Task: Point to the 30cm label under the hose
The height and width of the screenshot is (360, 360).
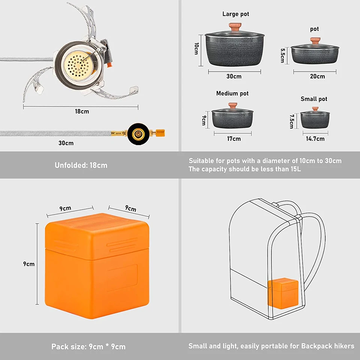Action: [66, 143]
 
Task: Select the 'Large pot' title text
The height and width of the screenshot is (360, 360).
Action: [235, 14]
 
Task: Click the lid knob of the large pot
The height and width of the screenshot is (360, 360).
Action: [235, 27]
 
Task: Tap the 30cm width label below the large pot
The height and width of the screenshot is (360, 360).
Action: [234, 76]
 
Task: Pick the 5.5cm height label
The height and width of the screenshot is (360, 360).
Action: [283, 55]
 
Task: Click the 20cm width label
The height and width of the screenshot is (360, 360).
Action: [317, 76]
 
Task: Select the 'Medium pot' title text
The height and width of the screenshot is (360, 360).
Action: [232, 93]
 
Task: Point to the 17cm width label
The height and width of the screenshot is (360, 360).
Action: [234, 139]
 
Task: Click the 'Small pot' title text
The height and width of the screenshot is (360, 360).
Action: [314, 99]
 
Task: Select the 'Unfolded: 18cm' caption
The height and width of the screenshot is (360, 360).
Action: [81, 165]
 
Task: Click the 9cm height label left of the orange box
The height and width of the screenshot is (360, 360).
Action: [29, 264]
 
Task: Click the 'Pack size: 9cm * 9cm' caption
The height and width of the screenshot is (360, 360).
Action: [88, 346]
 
